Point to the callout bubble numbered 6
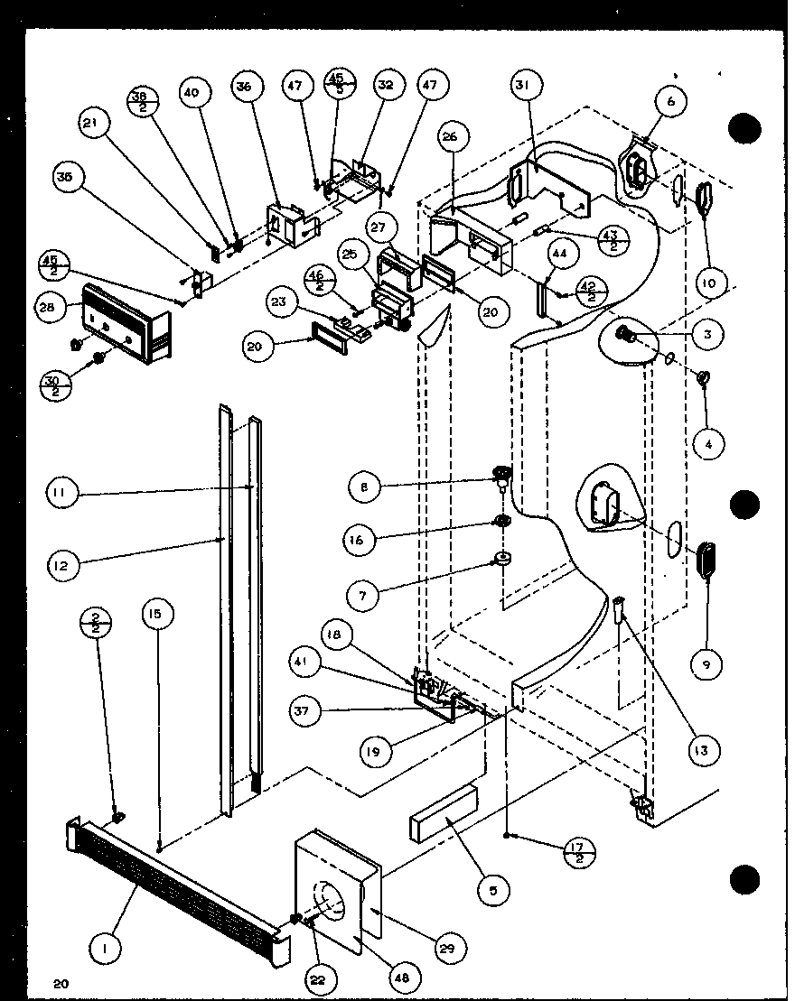pyautogui.click(x=670, y=102)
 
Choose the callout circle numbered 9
pyautogui.click(x=706, y=664)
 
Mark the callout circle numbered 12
pyautogui.click(x=65, y=567)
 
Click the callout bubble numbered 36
pyautogui.click(x=245, y=88)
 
